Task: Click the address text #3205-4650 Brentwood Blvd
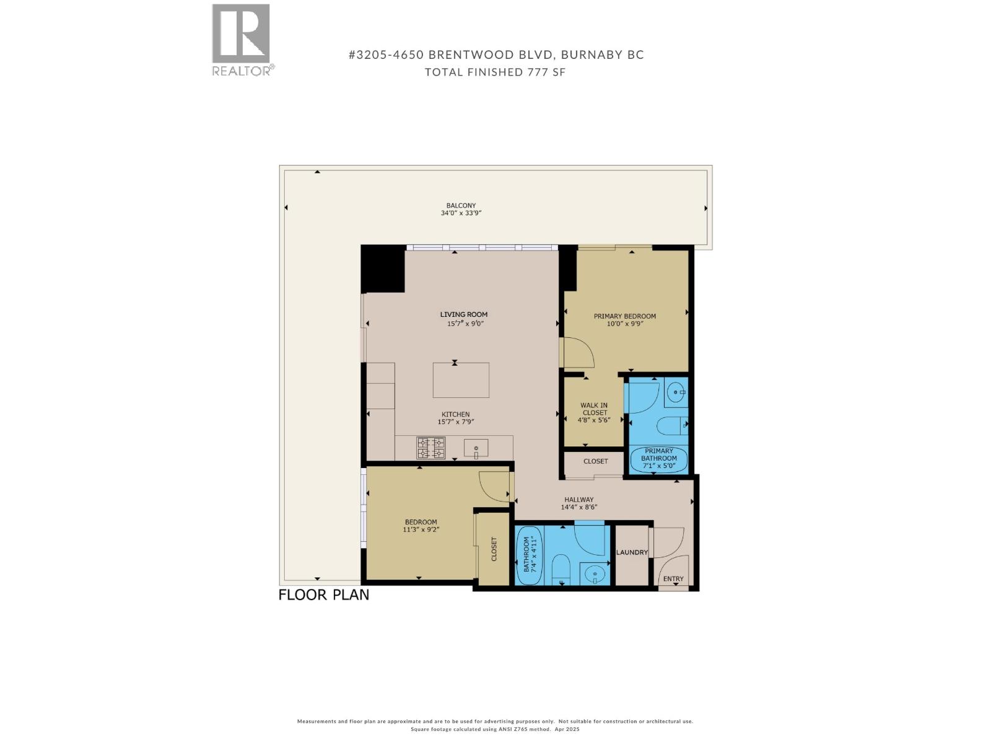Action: click(496, 55)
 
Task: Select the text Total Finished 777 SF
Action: click(495, 72)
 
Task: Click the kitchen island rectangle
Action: click(461, 380)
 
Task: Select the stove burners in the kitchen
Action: click(430, 448)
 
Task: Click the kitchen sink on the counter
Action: click(476, 448)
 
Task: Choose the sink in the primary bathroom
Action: click(674, 392)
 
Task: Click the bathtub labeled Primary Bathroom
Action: click(658, 459)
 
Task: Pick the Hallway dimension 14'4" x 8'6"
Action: click(578, 507)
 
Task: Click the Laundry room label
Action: click(632, 552)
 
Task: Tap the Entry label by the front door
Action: click(673, 579)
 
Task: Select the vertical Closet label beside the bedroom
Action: click(494, 549)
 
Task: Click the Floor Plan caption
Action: click(323, 595)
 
